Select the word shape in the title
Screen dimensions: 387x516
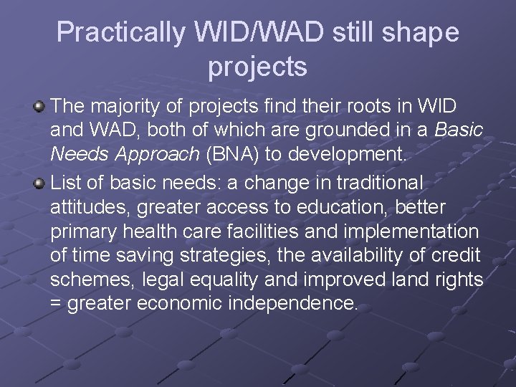(x=423, y=32)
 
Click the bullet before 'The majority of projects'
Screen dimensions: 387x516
(x=39, y=107)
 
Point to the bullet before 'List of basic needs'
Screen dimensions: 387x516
(x=39, y=183)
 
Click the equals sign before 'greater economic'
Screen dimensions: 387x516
(x=57, y=304)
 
